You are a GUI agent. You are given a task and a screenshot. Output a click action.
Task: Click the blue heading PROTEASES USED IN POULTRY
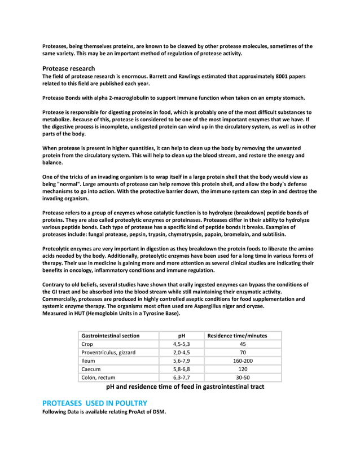pos(95,403)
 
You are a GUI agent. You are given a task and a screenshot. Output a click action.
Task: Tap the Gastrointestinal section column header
pos(111,336)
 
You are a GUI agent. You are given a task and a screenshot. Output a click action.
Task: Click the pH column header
pos(181,336)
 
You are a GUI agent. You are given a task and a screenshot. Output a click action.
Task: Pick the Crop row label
pos(87,344)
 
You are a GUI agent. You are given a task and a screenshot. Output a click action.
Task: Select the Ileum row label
pos(89,361)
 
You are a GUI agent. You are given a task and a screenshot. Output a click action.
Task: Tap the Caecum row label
pos(91,370)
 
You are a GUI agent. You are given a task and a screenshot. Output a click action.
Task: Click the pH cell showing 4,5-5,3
pos(181,344)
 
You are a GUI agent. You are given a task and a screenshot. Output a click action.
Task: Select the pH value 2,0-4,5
pos(181,353)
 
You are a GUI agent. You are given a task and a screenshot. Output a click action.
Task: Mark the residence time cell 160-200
pos(243,361)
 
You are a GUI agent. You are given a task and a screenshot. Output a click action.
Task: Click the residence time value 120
pos(243,370)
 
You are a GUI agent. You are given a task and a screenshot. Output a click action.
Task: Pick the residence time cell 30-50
pos(243,378)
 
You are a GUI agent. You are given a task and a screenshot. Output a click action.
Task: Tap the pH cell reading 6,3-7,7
pos(181,378)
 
